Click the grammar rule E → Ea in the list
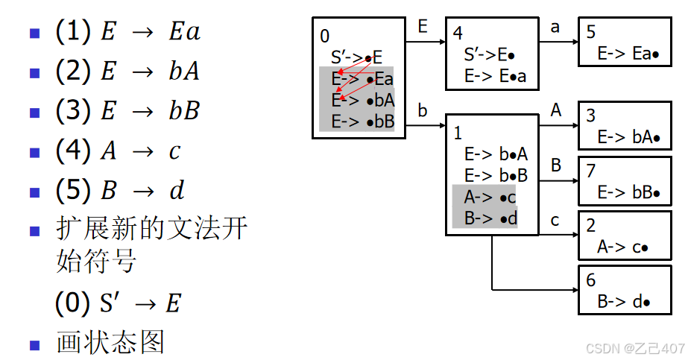point(127,32)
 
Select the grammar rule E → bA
point(127,72)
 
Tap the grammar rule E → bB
point(127,111)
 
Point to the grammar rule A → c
point(119,151)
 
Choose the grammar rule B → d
point(120,191)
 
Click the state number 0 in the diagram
point(324,36)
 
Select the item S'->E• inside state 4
point(491,54)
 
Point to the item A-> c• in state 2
point(622,247)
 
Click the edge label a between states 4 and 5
point(555,28)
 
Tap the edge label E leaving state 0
point(423,28)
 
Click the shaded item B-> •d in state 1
point(490,218)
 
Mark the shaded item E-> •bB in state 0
point(362,121)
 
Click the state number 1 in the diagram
point(458,133)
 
